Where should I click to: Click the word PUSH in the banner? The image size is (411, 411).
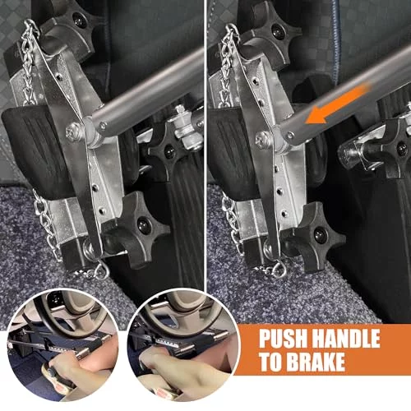point(284,339)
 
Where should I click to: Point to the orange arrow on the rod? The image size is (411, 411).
point(338,104)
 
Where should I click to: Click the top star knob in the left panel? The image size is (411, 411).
point(72,27)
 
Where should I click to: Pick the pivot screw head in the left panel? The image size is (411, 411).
point(72,132)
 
